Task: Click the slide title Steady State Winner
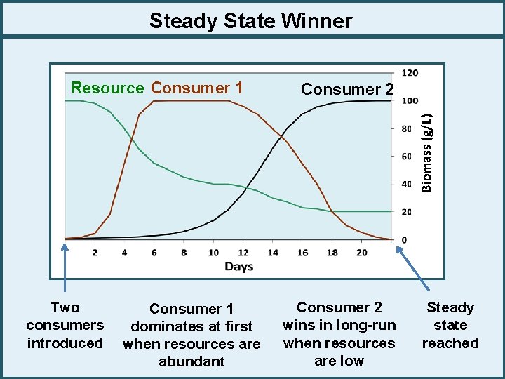(250, 21)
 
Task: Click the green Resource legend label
(107, 88)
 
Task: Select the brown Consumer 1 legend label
(197, 88)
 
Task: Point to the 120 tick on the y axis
(410, 72)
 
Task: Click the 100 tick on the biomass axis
(410, 100)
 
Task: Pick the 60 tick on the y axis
(408, 157)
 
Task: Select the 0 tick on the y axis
(403, 240)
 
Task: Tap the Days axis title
(239, 266)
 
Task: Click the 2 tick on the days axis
(95, 253)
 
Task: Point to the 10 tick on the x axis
(213, 253)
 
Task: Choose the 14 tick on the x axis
(273, 253)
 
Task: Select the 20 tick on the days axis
(362, 253)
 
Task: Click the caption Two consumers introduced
(65, 325)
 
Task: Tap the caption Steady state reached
(450, 325)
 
